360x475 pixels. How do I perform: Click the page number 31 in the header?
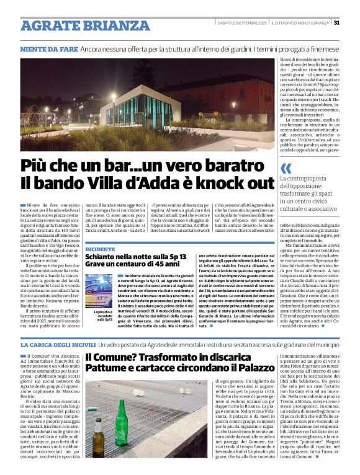pyautogui.click(x=336, y=22)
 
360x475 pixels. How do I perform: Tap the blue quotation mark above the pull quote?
pyautogui.click(x=286, y=169)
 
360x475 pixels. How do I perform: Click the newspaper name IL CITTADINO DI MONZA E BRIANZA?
pyautogui.click(x=296, y=23)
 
